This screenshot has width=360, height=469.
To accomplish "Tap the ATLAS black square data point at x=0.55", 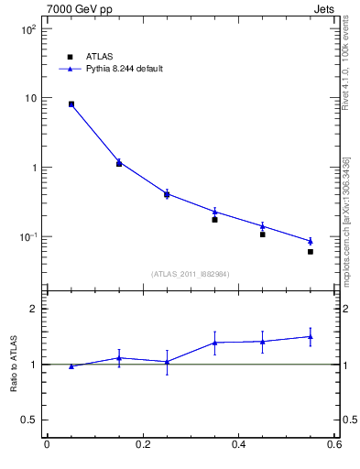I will [311, 252].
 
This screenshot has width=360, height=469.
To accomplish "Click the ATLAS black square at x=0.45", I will [262, 234].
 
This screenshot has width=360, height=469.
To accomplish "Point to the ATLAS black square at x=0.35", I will [214, 220].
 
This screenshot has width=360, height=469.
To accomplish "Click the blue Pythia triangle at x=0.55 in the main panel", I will [311, 241].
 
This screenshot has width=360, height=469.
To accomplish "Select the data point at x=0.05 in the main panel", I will [71, 104].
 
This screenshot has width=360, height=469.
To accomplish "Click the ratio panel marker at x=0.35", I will [214, 343].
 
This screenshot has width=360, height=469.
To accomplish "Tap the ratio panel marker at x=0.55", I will [311, 336].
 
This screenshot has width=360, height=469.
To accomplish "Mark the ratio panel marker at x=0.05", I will [71, 366].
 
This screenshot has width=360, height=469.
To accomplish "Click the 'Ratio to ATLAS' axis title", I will [14, 365].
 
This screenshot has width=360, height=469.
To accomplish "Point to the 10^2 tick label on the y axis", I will [28, 29].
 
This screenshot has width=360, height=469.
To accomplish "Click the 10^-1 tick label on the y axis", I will [28, 237].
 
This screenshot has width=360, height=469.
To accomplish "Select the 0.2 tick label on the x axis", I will [142, 445].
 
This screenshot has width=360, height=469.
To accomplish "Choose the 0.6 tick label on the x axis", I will [334, 445].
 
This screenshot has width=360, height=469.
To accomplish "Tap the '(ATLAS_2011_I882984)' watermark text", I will [191, 274].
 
